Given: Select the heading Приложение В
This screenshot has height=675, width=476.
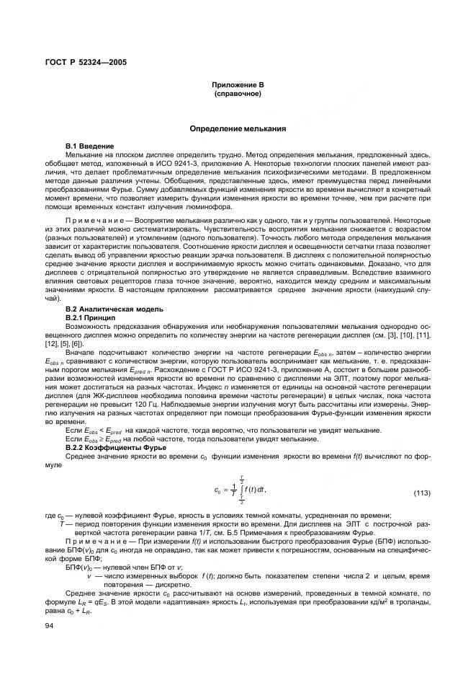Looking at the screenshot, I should pos(238,85).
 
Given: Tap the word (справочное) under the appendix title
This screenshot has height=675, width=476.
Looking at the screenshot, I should pos(238,94).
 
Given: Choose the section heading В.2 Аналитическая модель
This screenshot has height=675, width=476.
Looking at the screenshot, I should pos(114,309).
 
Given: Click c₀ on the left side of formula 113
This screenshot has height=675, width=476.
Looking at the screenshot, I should pos(217,491).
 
